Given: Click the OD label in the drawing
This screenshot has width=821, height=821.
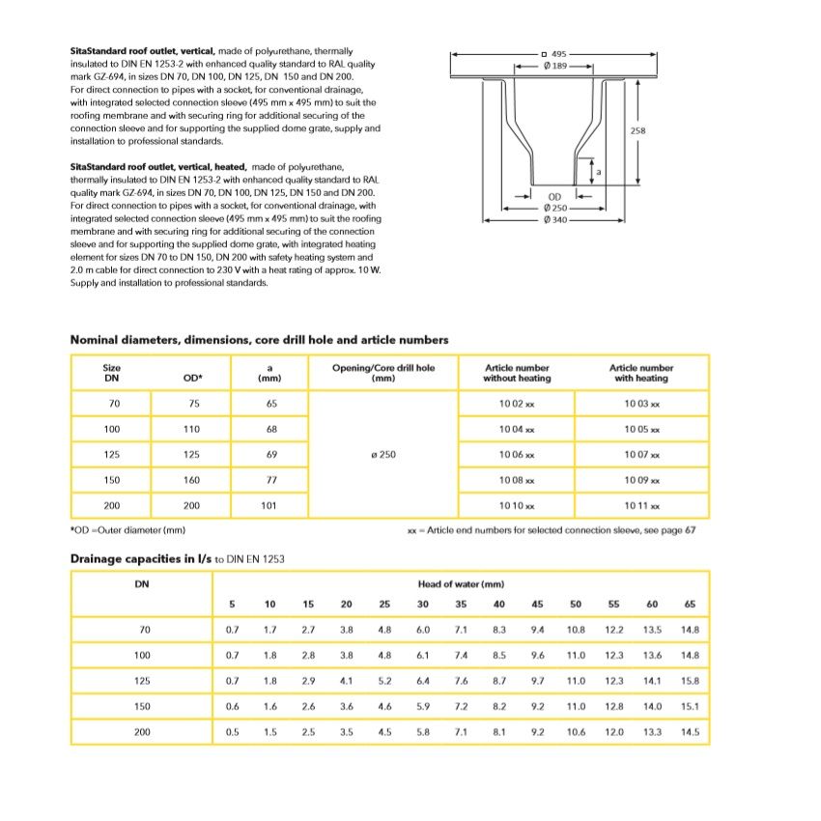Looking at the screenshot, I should click(x=554, y=197).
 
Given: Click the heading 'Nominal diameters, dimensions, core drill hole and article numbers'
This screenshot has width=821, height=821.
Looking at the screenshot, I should click(x=259, y=340).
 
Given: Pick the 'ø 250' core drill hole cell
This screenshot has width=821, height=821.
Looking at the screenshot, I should click(x=383, y=454).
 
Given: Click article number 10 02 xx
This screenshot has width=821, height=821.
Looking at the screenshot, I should click(x=517, y=404).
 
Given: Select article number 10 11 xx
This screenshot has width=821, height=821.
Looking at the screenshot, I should click(x=641, y=505).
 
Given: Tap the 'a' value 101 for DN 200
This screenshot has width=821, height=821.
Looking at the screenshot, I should click(x=269, y=505).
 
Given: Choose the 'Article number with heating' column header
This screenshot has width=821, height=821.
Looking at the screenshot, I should click(x=641, y=373).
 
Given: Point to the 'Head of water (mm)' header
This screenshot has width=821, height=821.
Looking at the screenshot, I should click(x=461, y=584).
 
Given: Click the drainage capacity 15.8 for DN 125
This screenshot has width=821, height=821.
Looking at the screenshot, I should click(x=690, y=681).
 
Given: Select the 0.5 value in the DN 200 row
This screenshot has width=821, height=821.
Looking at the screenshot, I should click(x=232, y=732).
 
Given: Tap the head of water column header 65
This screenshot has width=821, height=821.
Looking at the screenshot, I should click(x=690, y=605).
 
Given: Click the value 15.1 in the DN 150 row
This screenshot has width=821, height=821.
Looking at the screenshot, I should click(x=690, y=707).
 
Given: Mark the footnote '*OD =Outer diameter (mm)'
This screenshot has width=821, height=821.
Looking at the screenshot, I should click(x=127, y=530).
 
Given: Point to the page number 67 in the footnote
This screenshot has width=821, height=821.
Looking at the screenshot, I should click(x=691, y=530).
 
